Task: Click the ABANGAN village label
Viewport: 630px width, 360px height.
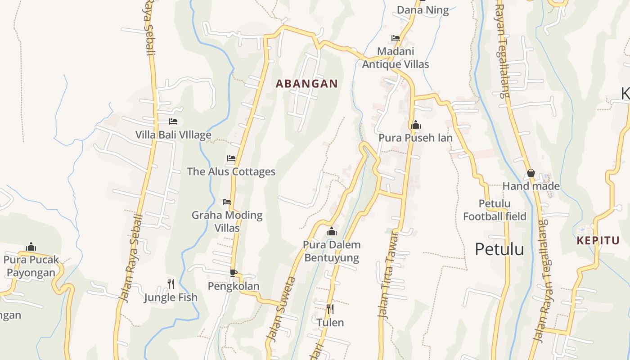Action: pos(306,84)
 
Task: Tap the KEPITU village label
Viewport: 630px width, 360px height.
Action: pos(598,240)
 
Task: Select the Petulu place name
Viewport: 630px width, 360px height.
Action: pos(499,249)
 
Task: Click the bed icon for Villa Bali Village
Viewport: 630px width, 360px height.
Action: pos(173,121)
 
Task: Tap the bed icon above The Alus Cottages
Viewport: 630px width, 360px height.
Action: pos(231,158)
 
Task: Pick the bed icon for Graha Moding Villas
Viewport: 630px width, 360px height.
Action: pos(227,202)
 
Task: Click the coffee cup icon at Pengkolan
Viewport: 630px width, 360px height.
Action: pos(233,272)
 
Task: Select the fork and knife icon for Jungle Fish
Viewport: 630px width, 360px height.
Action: pos(171,283)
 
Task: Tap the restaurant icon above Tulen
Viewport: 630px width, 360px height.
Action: pos(330,309)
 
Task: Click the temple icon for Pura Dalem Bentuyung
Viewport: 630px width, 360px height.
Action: pos(332,231)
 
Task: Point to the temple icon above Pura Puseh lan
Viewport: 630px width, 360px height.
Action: pos(415,124)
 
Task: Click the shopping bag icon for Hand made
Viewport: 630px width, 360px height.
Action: pos(531,173)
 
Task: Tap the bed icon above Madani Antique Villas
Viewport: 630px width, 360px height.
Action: pos(396,38)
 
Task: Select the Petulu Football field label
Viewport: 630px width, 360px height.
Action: pos(495,210)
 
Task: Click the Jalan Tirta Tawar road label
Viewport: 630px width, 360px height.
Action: pos(388,274)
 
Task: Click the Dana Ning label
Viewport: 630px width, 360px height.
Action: pos(423,10)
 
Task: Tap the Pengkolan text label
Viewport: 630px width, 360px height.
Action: pos(233,286)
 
